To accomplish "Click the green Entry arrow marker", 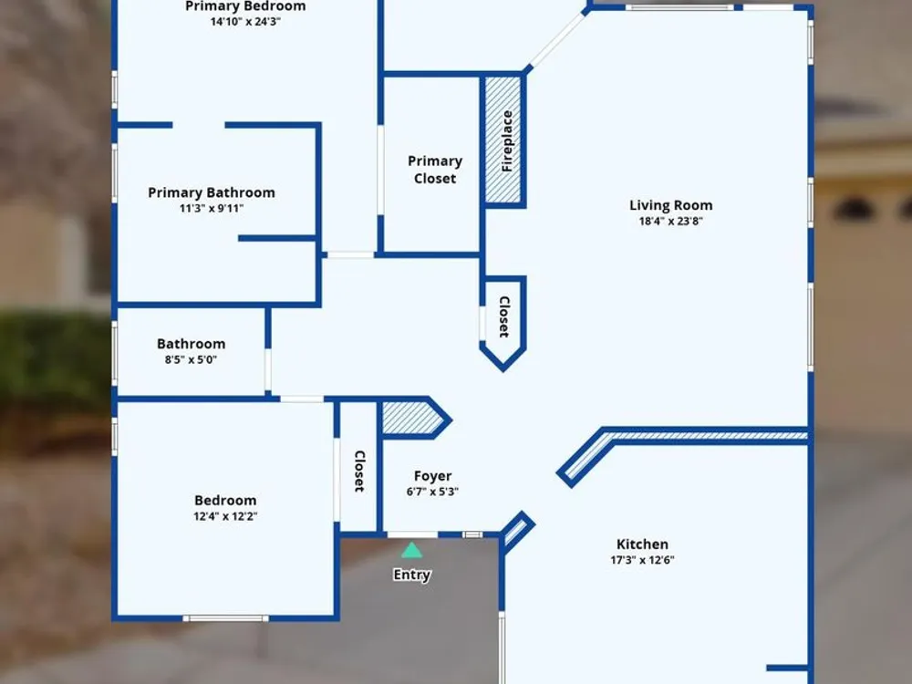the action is tap(412, 550).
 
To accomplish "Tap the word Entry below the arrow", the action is tap(412, 575).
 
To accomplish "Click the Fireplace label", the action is tap(506, 140).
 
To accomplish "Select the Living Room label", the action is tap(670, 205).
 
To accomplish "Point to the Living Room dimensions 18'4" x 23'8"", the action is tap(670, 221).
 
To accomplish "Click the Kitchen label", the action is tap(642, 544).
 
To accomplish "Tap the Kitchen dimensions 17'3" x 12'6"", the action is tap(642, 560).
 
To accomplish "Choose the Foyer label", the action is tap(432, 476).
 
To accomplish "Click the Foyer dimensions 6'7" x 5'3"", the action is tap(432, 492).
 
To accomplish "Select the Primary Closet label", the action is tap(435, 170).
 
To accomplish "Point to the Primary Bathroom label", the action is tap(212, 192).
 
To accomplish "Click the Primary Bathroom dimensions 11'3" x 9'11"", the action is tap(212, 208).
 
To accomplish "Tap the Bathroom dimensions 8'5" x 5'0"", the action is tap(191, 359).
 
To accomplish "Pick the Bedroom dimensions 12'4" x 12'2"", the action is tap(225, 516).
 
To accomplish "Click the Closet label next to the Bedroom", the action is tap(359, 472).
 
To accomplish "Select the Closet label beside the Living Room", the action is tap(503, 316).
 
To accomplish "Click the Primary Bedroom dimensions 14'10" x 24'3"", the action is tap(245, 22).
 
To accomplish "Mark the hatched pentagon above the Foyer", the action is tap(412, 419).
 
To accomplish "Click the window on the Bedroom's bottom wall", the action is tap(225, 618).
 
